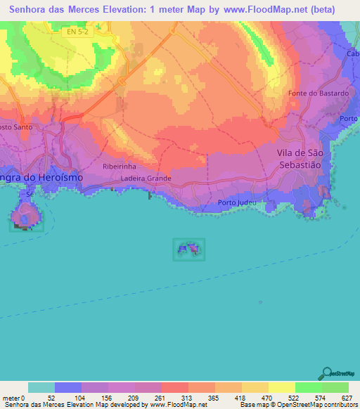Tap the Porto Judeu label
(x=237, y=203)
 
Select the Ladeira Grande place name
(x=147, y=178)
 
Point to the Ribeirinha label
(x=118, y=167)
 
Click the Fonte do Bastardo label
(x=319, y=93)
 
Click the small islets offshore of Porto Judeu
(x=189, y=249)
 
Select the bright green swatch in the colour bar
(x=308, y=387)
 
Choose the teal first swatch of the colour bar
(x=41, y=387)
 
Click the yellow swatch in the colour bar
(x=281, y=387)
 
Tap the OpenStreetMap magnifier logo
(x=328, y=372)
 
